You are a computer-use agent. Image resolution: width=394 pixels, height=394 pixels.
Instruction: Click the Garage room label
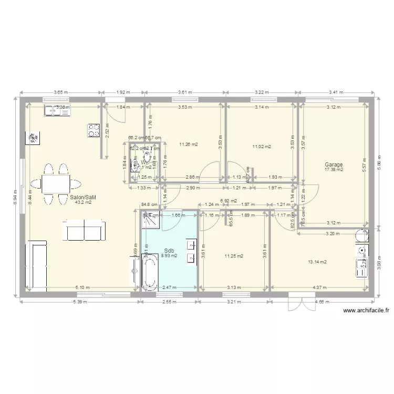pyautogui.click(x=334, y=164)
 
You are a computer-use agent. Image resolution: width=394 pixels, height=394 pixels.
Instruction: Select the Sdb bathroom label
pyautogui.click(x=169, y=251)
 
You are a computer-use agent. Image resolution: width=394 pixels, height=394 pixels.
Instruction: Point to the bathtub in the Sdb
pyautogui.click(x=150, y=272)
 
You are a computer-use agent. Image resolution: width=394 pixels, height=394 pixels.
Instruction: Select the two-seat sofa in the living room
pyautogui.click(x=82, y=230)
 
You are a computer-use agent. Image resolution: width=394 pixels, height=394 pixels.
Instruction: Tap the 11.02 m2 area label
pyautogui.click(x=261, y=147)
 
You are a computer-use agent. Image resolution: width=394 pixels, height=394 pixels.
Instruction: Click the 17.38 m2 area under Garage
pyautogui.click(x=334, y=170)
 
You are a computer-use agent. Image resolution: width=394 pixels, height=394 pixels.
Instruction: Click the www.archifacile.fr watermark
pyautogui.click(x=366, y=310)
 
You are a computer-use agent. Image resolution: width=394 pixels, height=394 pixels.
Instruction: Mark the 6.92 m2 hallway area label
pyautogui.click(x=229, y=201)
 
